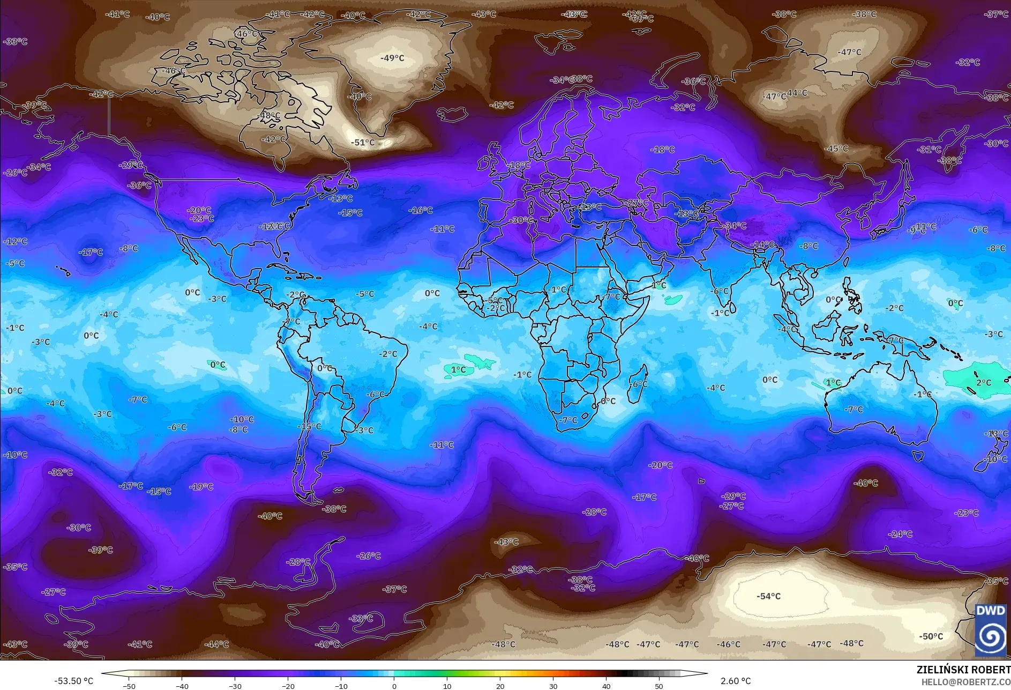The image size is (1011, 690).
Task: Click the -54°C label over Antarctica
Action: (768, 596)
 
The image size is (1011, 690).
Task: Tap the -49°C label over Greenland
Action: (392, 58)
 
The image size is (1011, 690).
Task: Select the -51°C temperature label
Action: (363, 143)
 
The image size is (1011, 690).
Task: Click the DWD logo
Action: (990, 629)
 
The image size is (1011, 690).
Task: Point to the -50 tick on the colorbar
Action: (129, 686)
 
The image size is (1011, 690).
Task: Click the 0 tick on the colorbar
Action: (394, 686)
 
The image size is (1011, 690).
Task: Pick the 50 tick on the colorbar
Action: (658, 686)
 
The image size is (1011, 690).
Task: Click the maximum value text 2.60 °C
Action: (736, 681)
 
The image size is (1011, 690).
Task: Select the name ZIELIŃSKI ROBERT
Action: (963, 670)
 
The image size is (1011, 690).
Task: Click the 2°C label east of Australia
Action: (983, 383)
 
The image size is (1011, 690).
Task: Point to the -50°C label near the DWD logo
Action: (931, 636)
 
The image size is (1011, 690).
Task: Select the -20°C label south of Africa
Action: (660, 465)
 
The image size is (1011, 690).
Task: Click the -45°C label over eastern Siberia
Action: (836, 149)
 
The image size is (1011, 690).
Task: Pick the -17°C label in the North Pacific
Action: (91, 252)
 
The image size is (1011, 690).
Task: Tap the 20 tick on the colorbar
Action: (500, 686)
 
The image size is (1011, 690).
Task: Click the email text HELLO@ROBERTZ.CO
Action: (965, 682)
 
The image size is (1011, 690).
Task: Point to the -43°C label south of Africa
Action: (506, 542)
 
